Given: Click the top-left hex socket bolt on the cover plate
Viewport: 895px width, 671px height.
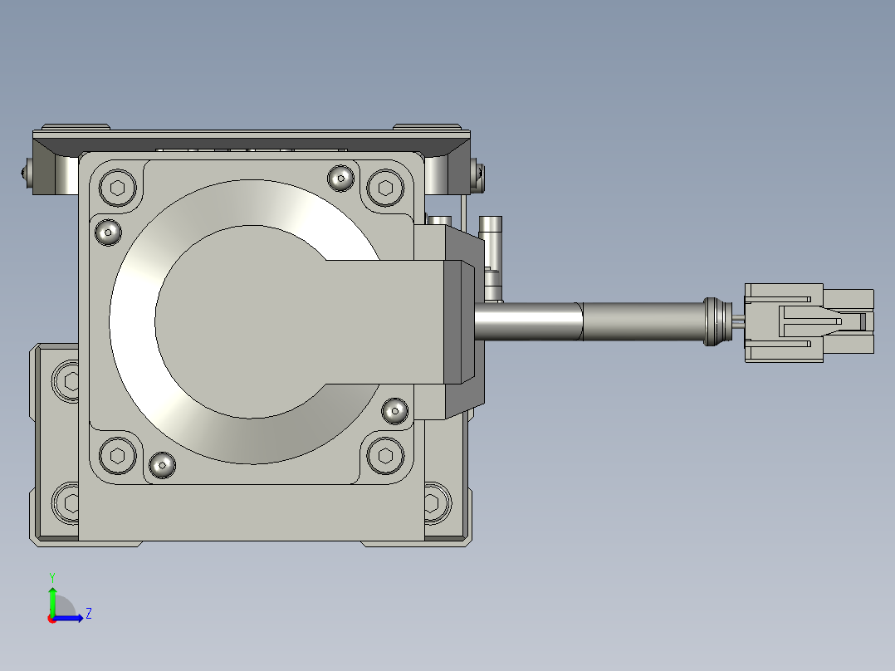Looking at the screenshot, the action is click(x=118, y=188).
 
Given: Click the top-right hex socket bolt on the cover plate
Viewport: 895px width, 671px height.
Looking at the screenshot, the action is click(x=385, y=188).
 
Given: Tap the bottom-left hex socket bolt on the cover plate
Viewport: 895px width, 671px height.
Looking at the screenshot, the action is click(x=118, y=455).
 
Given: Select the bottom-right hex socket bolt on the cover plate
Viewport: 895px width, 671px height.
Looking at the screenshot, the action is click(x=385, y=455).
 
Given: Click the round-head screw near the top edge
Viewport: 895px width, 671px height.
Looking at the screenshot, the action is click(x=340, y=179).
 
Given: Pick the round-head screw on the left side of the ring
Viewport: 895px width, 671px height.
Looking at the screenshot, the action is click(x=108, y=233).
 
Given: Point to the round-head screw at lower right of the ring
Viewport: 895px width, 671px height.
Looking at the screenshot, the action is click(x=394, y=410).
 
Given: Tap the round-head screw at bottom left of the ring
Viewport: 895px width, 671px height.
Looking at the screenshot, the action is click(x=162, y=465).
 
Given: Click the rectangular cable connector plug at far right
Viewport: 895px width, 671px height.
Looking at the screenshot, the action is click(x=809, y=323).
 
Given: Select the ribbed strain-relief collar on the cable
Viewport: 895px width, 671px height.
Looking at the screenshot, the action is click(x=717, y=321).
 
